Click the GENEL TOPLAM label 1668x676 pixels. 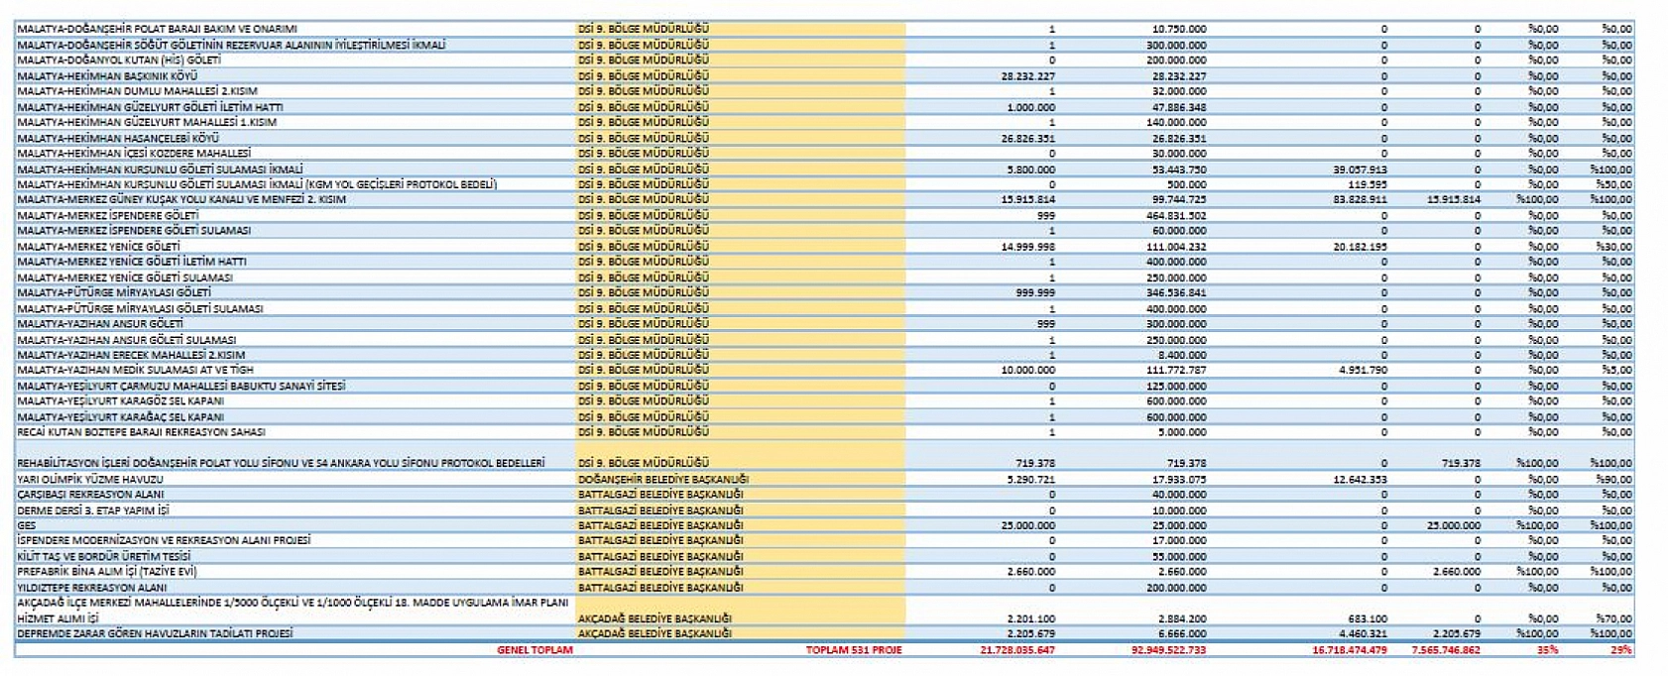point(535,650)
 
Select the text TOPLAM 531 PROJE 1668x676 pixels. point(853,650)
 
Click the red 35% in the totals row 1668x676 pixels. point(1547,650)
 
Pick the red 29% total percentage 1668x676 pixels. point(1620,650)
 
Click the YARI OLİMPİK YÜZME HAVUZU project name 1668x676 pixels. point(90,479)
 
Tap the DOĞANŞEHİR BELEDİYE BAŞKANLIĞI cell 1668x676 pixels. point(663,479)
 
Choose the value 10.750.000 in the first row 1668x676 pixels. point(1179,29)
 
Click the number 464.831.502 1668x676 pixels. point(1176,215)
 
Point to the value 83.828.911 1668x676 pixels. point(1360,199)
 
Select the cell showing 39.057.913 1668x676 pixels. point(1360,169)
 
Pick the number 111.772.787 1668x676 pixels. point(1176,370)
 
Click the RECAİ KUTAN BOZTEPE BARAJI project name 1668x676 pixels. point(141,432)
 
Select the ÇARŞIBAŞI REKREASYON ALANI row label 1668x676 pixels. point(90,495)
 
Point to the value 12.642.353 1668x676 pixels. point(1360,479)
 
